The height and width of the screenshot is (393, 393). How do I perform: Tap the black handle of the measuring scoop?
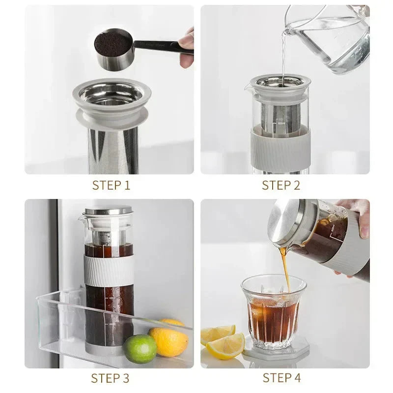point(157,45)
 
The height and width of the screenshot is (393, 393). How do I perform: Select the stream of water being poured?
point(283,54)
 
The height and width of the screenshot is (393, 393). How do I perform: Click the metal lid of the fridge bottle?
point(109,210)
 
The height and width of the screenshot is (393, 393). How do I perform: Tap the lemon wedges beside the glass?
point(224,342)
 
